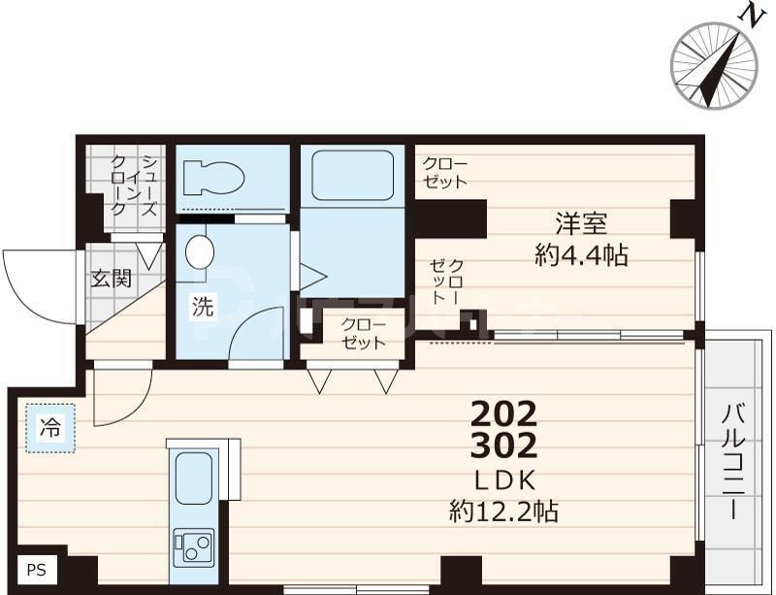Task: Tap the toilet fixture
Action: [215, 179]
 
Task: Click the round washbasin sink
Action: [199, 250]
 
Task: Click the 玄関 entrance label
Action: [112, 281]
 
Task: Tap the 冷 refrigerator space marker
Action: [48, 426]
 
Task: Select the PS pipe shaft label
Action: [36, 570]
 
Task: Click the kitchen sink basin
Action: [193, 479]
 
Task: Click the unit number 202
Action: [503, 415]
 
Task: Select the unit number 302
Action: [503, 448]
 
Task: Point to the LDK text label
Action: [503, 480]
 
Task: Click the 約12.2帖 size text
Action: [503, 511]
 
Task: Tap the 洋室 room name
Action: [581, 223]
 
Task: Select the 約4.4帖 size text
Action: [581, 255]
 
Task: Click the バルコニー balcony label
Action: [733, 460]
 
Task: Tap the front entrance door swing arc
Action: [39, 281]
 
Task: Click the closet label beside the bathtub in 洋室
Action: [445, 173]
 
